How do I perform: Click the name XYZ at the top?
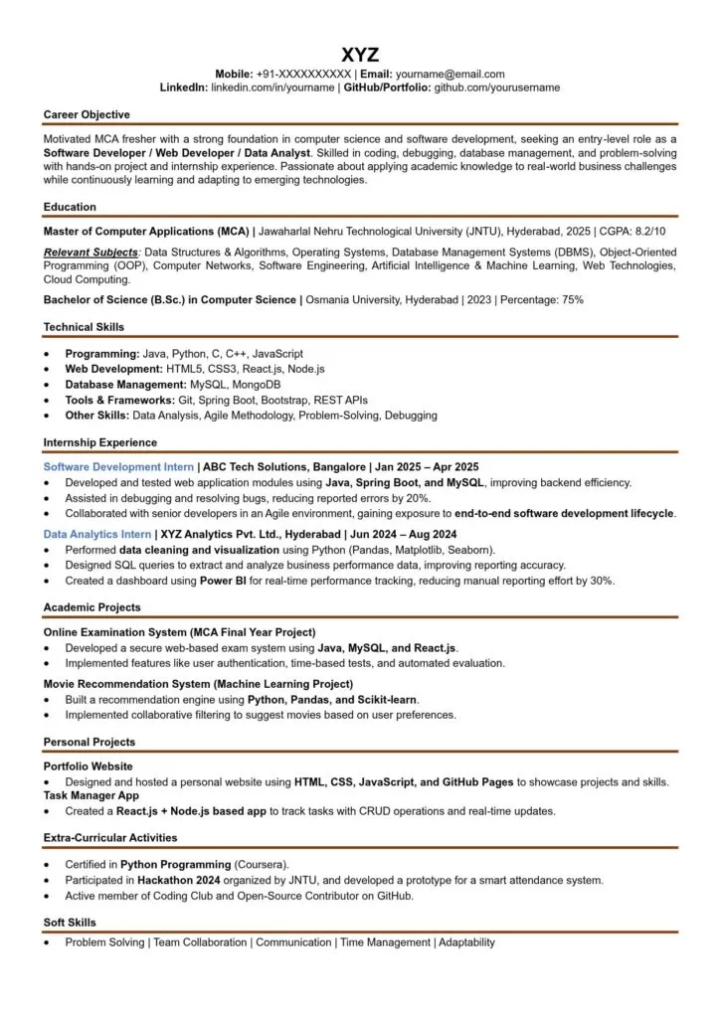[x=359, y=54]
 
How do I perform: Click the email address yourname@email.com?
[x=450, y=74]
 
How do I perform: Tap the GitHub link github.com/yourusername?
[x=497, y=87]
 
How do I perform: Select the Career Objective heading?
[x=87, y=115]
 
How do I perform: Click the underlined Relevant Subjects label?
[x=90, y=253]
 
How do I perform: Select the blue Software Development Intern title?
[x=118, y=466]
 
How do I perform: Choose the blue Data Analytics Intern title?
[x=97, y=534]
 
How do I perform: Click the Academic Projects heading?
[x=91, y=607]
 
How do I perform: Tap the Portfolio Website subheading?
[x=88, y=766]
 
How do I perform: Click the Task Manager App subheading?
[x=90, y=795]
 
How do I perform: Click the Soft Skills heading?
[x=70, y=923]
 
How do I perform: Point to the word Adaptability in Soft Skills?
[x=466, y=942]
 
